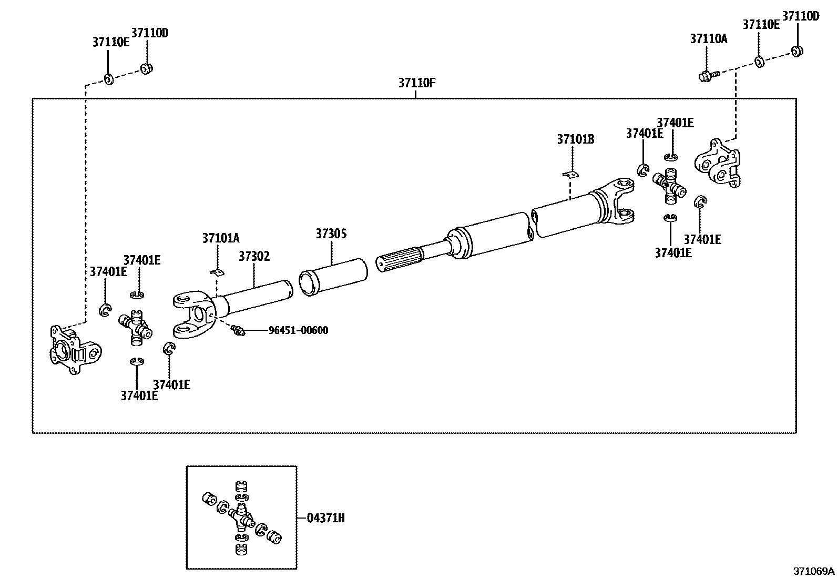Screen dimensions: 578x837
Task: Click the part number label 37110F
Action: click(x=416, y=83)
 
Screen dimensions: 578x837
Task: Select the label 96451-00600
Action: click(x=298, y=330)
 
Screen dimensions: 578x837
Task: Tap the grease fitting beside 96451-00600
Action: click(x=238, y=330)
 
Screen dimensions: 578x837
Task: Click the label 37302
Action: click(x=254, y=256)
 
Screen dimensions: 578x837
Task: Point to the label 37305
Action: click(x=331, y=234)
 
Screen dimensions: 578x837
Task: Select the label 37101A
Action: click(x=221, y=238)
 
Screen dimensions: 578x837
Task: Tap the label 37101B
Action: click(x=575, y=139)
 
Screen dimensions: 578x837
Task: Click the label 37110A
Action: click(x=708, y=38)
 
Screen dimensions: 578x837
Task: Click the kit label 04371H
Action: click(x=326, y=518)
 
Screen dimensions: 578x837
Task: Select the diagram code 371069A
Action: click(x=813, y=571)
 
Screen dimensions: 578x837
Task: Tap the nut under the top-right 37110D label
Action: click(x=797, y=51)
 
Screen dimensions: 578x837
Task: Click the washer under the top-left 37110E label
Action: click(x=109, y=79)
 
